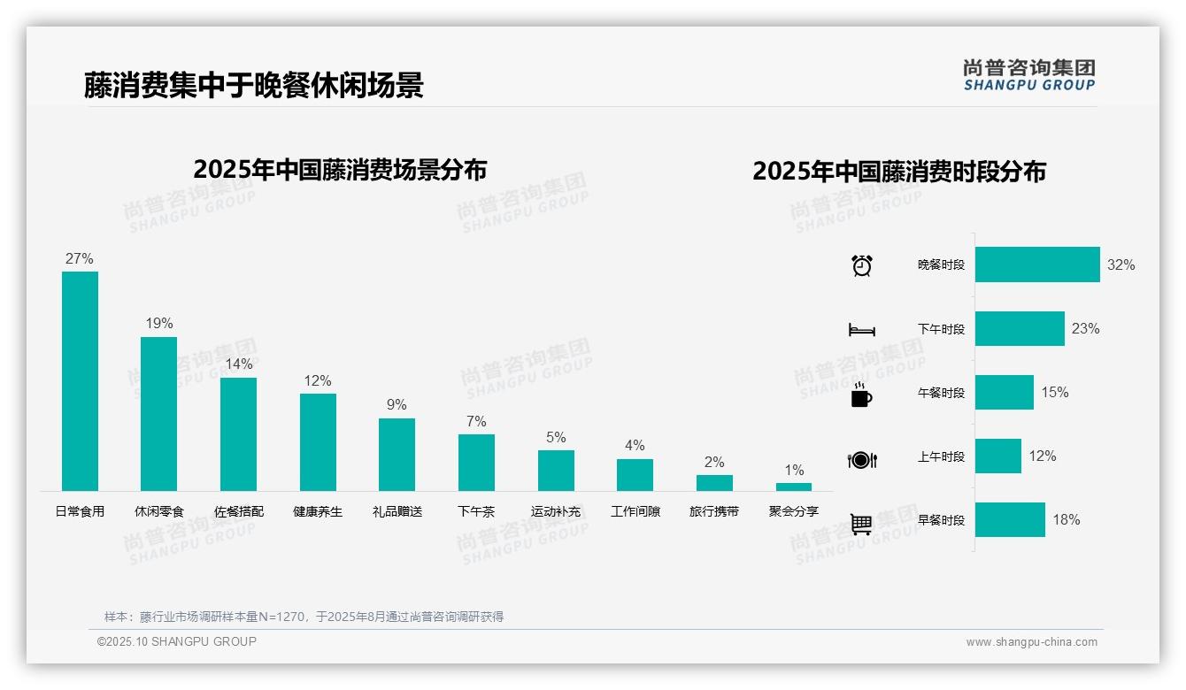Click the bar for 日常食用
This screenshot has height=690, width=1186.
80,380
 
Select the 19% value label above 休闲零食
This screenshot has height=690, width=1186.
159,324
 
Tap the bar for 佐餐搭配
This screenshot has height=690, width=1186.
238,433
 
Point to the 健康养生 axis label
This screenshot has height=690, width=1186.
318,511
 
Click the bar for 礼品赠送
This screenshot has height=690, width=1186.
397,454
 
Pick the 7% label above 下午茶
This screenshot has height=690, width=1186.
476,422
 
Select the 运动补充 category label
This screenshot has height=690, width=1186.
556,511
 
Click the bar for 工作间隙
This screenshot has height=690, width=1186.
635,474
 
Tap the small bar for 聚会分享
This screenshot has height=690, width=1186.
794,487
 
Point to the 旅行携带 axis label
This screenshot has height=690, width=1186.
714,511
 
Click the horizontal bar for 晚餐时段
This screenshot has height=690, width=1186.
1037,264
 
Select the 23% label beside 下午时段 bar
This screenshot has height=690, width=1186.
1085,329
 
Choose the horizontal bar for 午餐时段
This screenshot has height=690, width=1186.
1005,393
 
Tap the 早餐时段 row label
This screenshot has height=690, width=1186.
941,520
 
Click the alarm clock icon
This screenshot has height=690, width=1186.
861,265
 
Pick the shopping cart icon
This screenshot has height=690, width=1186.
861,524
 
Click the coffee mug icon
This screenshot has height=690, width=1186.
861,395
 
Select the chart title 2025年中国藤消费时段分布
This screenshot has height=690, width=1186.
899,172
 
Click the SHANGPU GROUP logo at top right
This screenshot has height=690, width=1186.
1029,75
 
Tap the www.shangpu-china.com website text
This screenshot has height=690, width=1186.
1031,642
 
